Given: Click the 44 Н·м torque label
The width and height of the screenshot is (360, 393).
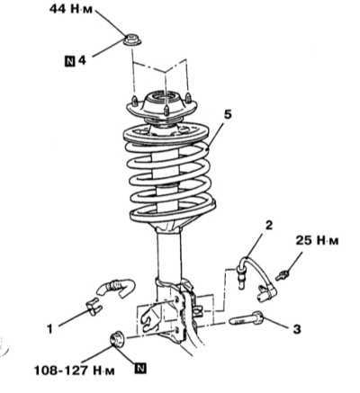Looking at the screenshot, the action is (x=71, y=9).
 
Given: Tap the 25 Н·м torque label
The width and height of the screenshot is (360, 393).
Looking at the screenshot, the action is (x=317, y=240).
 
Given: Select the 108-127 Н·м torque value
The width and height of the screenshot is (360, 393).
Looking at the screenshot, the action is (x=75, y=371).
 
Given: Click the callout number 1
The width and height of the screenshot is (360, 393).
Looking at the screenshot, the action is (x=49, y=329).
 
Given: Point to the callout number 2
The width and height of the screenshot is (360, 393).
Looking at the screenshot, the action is (x=269, y=225).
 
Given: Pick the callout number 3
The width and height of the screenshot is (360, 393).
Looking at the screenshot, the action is (x=296, y=329).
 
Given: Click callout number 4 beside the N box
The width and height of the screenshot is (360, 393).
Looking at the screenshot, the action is (x=82, y=61).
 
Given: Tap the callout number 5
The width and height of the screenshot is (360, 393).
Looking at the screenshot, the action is (x=228, y=115).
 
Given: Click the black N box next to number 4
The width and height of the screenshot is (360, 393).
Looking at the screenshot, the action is (x=70, y=61).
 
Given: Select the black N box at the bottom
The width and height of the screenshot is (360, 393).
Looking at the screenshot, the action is (x=140, y=369).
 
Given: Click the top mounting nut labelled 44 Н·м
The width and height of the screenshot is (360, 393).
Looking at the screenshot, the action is (x=132, y=40).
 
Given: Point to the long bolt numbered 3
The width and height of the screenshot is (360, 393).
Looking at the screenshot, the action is (x=247, y=318).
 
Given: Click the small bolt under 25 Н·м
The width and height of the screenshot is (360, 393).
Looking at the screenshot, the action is (x=283, y=275).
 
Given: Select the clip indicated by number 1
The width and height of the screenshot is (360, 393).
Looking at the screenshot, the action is (x=94, y=307).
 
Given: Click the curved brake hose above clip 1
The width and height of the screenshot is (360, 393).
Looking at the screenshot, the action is (x=116, y=288).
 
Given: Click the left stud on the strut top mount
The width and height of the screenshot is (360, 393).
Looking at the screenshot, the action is (x=135, y=100).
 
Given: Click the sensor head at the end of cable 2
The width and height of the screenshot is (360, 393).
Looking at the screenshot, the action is (x=267, y=292).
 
